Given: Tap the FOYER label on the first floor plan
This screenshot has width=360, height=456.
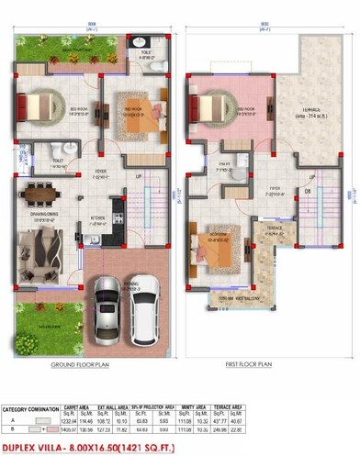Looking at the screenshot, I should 274,193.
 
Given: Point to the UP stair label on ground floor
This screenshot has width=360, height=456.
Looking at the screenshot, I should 140,176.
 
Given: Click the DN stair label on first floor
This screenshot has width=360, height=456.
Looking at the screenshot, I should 308,192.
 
